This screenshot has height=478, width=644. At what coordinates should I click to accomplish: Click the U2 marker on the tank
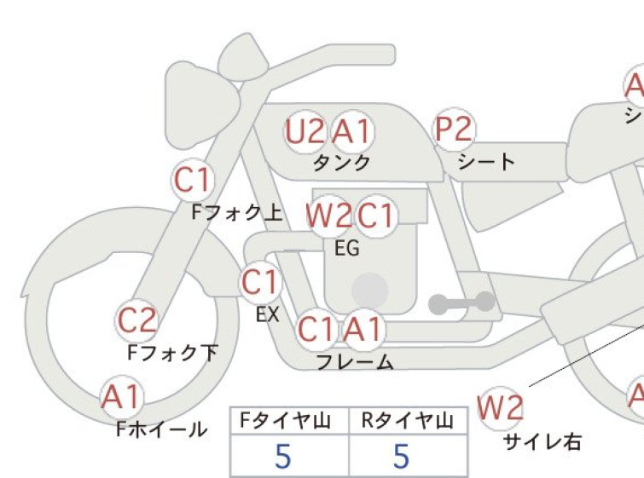(305, 132)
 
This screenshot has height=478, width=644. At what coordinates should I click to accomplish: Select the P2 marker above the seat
(454, 129)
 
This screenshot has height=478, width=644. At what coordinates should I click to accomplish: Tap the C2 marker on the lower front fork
(136, 320)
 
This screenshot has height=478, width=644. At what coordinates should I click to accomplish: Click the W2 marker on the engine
(328, 215)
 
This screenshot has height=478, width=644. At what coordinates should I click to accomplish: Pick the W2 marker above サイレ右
(500, 408)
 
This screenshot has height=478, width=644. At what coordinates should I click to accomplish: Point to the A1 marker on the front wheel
(122, 397)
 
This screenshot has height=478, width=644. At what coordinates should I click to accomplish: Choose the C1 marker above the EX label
(260, 282)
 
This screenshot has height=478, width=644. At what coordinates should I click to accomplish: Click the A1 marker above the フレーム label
(364, 329)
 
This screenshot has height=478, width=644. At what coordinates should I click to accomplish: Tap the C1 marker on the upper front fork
(193, 179)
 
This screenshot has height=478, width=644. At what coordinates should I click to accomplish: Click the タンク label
(342, 163)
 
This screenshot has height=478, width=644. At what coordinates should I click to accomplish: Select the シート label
(486, 162)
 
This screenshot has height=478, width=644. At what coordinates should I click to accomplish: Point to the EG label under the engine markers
(347, 248)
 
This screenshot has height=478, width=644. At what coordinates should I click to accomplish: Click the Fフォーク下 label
(172, 353)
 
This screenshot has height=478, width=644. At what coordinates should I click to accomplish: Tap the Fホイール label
(162, 429)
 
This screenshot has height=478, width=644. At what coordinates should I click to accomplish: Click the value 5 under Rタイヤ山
(402, 456)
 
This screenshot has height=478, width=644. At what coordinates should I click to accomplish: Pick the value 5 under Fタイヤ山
(283, 456)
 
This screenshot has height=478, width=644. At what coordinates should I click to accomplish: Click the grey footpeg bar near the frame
(462, 303)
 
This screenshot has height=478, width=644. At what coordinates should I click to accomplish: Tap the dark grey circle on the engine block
(370, 291)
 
